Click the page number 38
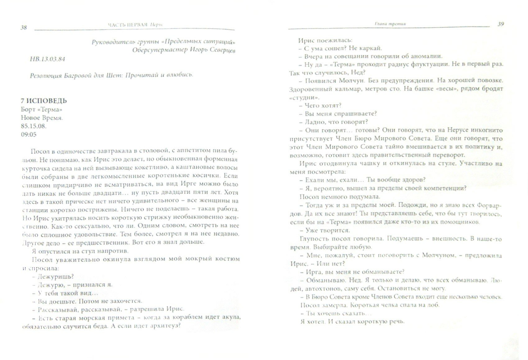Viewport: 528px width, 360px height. point(24,27)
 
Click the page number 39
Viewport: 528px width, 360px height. point(500,24)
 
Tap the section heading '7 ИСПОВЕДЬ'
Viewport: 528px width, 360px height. point(44,101)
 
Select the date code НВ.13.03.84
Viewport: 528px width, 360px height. point(48,59)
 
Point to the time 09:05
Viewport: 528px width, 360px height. point(29,134)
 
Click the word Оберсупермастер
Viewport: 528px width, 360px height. point(157,50)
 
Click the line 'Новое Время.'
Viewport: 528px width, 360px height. point(42,118)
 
